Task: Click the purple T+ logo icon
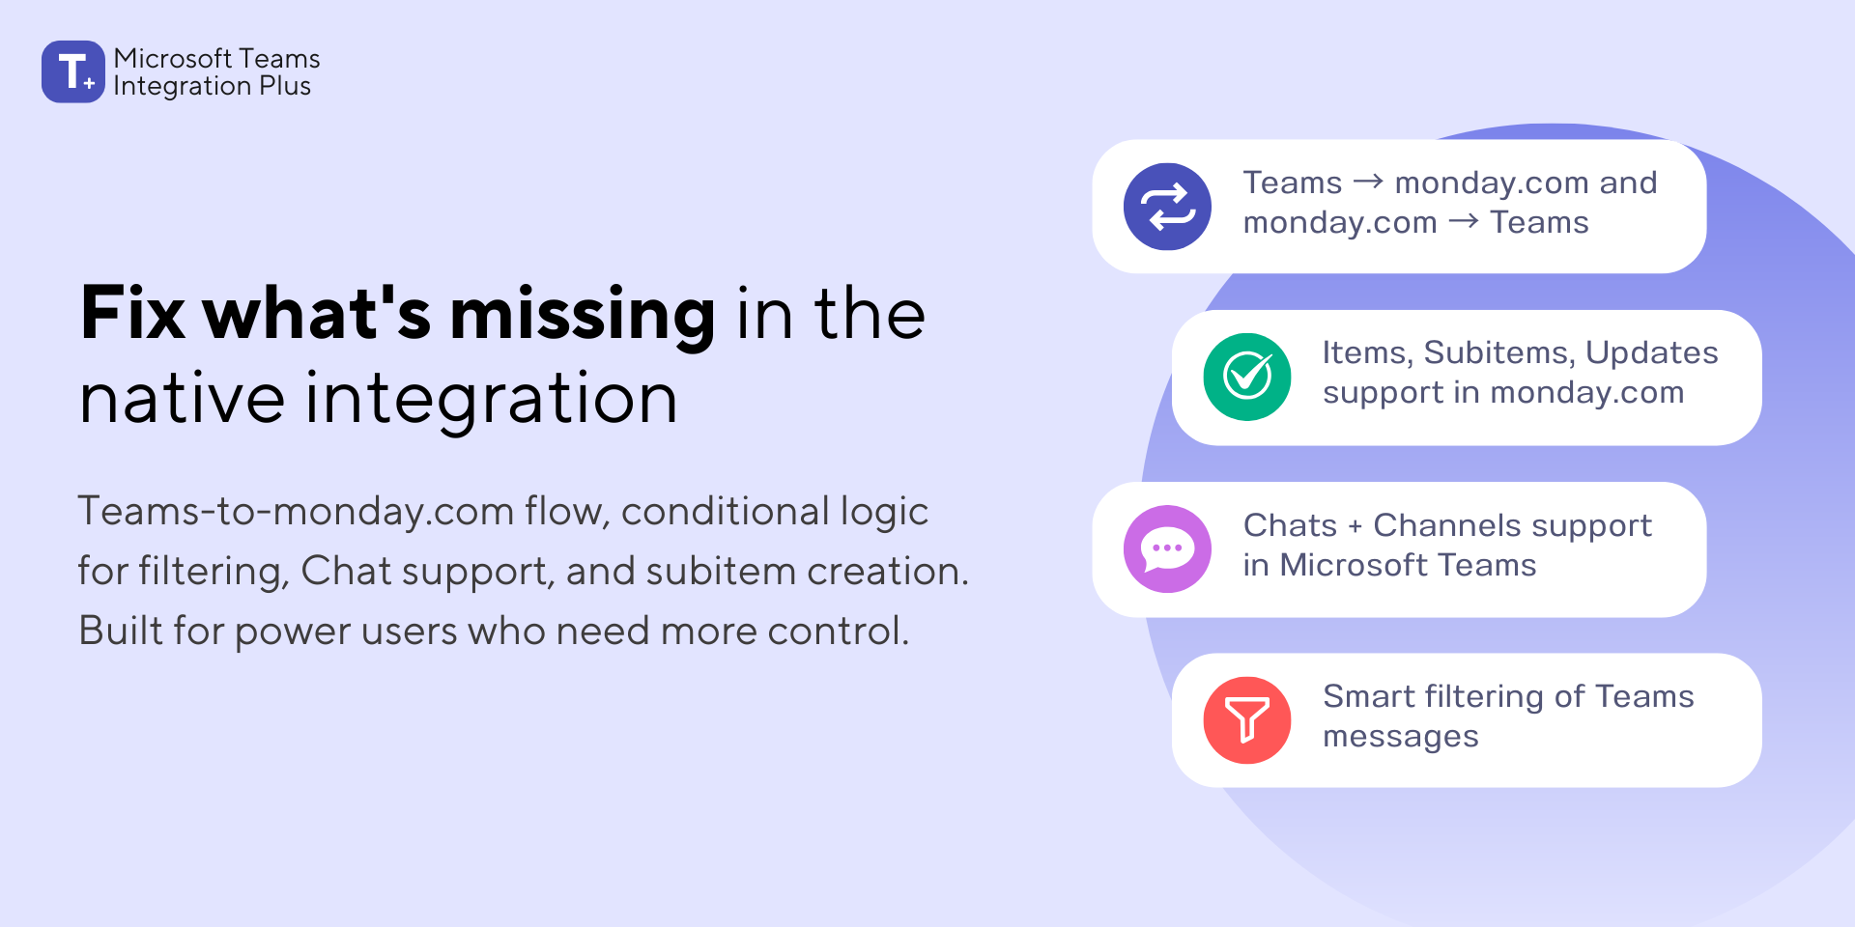(x=72, y=71)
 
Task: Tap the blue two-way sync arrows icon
(x=1167, y=207)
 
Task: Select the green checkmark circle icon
(x=1247, y=377)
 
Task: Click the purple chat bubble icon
(x=1167, y=548)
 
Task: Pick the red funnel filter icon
(x=1247, y=720)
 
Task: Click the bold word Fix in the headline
(x=132, y=314)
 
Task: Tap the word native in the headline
(x=182, y=399)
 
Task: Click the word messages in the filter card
(x=1400, y=738)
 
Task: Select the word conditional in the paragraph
(x=725, y=512)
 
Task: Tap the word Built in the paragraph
(x=121, y=632)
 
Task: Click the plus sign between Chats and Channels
(x=1355, y=526)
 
